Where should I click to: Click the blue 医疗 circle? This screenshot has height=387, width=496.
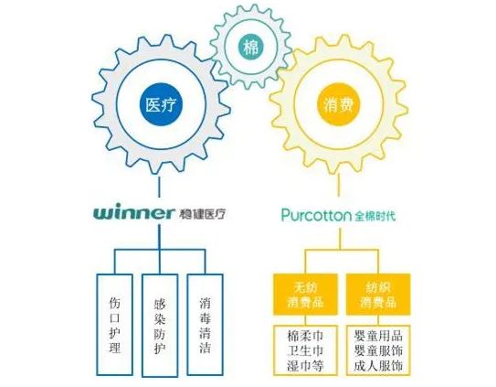(x=162, y=104)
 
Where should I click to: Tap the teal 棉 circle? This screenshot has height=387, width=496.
(x=251, y=48)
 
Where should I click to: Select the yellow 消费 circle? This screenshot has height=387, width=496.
(x=339, y=104)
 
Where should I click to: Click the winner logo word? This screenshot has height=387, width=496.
(x=133, y=212)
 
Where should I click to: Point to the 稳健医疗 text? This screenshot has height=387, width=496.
(x=203, y=214)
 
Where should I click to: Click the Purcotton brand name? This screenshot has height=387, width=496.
(x=317, y=215)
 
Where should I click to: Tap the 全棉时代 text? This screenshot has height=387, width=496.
(x=375, y=216)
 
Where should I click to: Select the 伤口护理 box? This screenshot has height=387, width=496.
(x=114, y=325)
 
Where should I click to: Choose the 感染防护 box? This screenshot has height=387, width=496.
(x=160, y=325)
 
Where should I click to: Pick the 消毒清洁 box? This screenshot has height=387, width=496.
(x=205, y=325)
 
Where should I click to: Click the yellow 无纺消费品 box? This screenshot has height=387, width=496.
(x=305, y=295)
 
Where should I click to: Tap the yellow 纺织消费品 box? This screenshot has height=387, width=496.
(x=378, y=295)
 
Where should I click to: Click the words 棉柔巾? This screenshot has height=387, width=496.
(x=305, y=336)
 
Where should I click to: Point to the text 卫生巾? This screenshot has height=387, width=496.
(x=305, y=351)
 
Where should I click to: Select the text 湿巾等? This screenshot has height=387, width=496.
(x=305, y=366)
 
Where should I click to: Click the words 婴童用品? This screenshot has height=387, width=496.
(x=378, y=336)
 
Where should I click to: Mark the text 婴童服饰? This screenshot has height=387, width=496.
(x=378, y=351)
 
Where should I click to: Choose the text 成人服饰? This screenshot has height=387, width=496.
(x=378, y=366)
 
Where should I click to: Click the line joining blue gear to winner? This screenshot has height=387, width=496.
(x=159, y=187)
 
